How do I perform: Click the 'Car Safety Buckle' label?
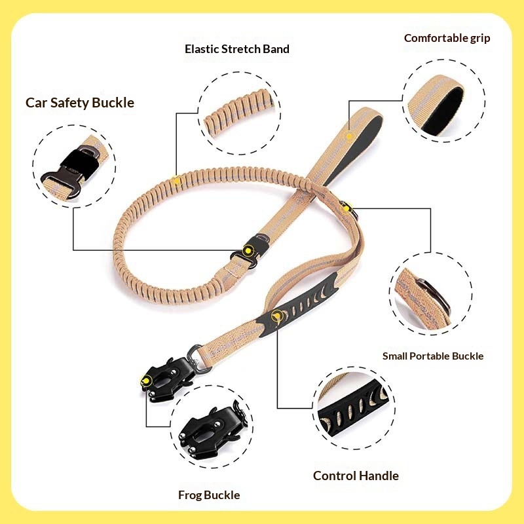[80, 103]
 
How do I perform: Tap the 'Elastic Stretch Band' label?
[237, 49]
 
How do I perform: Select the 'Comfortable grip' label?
[447, 38]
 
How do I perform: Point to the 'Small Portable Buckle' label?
[433, 356]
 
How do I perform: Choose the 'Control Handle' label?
[356, 476]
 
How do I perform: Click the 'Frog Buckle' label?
[209, 495]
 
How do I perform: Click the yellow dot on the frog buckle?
[145, 381]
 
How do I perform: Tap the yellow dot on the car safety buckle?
[247, 250]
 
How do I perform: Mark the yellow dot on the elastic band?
[176, 181]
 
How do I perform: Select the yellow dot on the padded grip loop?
[349, 136]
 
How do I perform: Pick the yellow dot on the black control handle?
[277, 315]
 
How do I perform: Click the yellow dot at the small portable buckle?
[346, 209]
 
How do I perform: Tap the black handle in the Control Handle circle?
[353, 410]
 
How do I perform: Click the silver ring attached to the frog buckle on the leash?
[198, 358]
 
